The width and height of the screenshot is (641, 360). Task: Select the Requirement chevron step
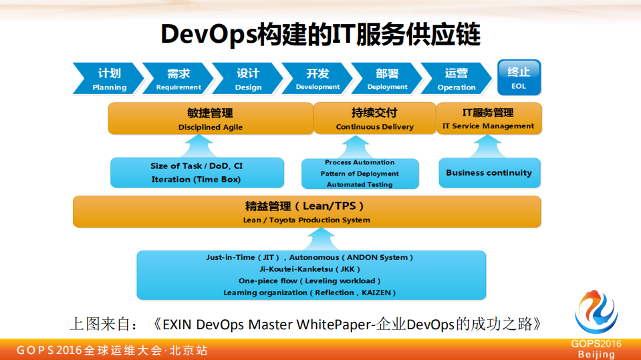pos(178,79)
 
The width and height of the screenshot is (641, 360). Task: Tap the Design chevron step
pos(248,79)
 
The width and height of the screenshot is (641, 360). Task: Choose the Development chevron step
pos(317,79)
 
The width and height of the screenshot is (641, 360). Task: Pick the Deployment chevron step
pos(387,79)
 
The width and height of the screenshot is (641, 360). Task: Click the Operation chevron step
pos(457,79)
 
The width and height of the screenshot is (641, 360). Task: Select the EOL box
pos(519,77)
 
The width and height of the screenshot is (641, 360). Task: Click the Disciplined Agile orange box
pos(210,119)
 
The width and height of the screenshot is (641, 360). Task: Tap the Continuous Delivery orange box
pos(374,119)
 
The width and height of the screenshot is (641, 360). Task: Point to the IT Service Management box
pos(488,119)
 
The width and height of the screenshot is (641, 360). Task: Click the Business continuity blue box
pos(489,172)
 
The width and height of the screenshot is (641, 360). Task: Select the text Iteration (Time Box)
pos(196,179)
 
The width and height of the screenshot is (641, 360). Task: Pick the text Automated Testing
pos(360,184)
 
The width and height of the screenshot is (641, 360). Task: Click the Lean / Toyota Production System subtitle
pos(306,220)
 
